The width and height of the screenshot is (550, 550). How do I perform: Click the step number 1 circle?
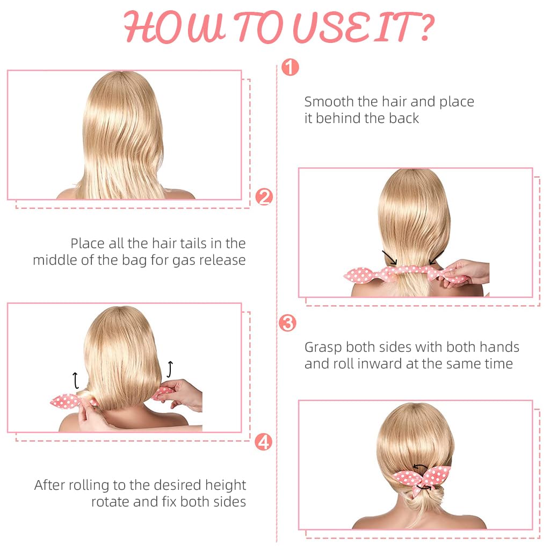(290, 67)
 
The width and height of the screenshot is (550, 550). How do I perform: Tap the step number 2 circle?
(264, 197)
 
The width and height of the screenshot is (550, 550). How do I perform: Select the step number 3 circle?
(287, 323)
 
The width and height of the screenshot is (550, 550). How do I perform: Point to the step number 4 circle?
(263, 442)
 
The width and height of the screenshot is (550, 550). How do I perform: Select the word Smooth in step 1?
(329, 102)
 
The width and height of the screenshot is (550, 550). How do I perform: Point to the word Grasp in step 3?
(323, 348)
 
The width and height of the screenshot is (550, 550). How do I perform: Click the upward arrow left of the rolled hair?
(75, 381)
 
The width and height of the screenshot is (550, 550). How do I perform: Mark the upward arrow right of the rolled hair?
(170, 370)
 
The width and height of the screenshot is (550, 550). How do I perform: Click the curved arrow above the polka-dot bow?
(420, 467)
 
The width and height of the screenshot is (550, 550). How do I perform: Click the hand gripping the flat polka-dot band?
(466, 272)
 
